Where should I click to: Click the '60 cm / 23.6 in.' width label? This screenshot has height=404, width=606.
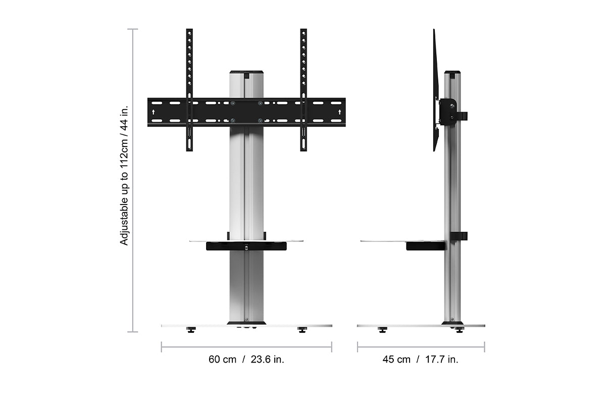click(246, 360)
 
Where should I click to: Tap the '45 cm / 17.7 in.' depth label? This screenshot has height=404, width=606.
click(420, 360)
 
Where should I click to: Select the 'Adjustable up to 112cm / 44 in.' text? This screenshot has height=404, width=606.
click(124, 175)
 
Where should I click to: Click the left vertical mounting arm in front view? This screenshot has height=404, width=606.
click(189, 90)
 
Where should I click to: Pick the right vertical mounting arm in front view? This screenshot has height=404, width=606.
click(304, 90)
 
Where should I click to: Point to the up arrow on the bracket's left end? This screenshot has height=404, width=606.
click(154, 112)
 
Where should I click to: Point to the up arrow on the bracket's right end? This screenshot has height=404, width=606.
click(340, 112)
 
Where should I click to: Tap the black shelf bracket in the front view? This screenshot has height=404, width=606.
click(246, 246)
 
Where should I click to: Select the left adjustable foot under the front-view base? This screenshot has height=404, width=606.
click(191, 330)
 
